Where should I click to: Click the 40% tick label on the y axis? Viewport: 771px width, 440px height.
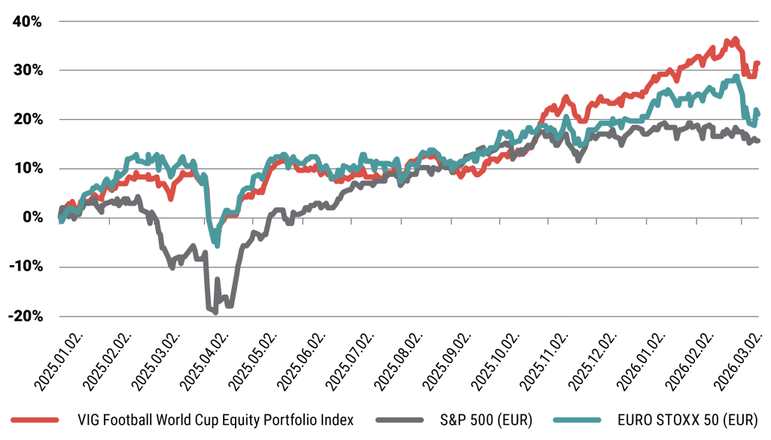tap(26, 21)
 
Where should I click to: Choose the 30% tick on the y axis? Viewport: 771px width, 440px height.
tap(26, 70)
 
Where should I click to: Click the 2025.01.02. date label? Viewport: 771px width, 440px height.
tap(49, 364)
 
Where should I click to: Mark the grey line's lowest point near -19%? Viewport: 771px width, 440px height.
tap(215, 310)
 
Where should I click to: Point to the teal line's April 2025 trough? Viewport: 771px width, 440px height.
tap(218, 245)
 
